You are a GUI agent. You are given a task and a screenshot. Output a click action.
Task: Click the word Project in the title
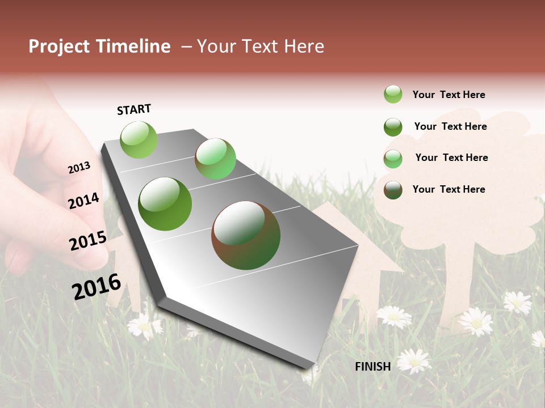pos(59,46)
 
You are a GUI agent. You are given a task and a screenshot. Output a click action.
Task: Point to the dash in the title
pos(186,46)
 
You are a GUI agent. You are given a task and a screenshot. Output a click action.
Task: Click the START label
pos(134,109)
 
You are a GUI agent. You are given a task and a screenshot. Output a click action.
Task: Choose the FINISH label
pos(372,367)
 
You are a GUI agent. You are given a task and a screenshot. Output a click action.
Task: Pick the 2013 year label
pos(79,168)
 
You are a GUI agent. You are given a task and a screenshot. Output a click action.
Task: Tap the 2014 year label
pos(83,201)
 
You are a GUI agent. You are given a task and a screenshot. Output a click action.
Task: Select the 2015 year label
pos(87,241)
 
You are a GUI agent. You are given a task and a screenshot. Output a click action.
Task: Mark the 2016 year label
pos(97,286)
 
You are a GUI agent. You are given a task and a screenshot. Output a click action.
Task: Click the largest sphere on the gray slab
pos(246,235)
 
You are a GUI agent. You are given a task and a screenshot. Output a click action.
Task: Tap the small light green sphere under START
pos(139,139)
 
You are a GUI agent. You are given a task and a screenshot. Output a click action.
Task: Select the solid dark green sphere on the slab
pos(165,204)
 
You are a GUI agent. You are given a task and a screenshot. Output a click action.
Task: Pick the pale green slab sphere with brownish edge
pos(215,159)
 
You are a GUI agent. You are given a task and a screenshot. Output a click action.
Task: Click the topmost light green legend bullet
pos(393,94)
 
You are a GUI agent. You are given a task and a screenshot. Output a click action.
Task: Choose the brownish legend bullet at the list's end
pos(393,190)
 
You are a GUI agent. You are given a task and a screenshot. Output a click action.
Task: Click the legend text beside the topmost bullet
pos(448,95)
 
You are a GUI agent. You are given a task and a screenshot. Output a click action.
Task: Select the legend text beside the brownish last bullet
pos(448,189)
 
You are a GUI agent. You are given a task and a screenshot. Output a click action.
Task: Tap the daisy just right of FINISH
pos(414,360)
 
